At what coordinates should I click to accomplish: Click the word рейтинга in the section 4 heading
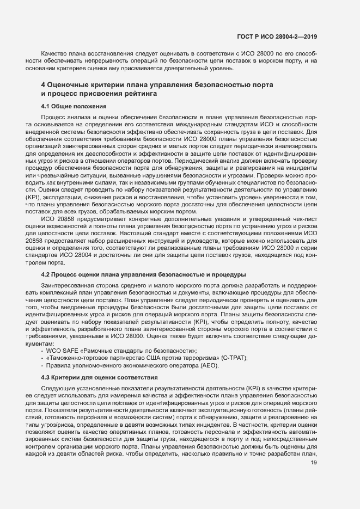coord(126,94)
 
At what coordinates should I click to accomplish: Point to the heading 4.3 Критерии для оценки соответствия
coord(100,377)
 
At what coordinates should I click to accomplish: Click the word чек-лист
coord(304,218)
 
